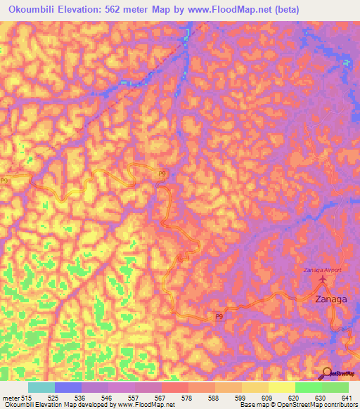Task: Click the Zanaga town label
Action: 330,299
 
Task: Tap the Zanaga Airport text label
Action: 322,270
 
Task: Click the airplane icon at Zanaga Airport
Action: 323,280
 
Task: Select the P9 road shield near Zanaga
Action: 219,318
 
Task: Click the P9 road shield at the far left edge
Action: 4,181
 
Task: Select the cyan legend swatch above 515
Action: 41,387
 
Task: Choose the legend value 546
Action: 108,398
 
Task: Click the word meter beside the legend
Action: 11,398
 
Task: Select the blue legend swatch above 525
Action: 68,387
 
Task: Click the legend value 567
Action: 161,398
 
